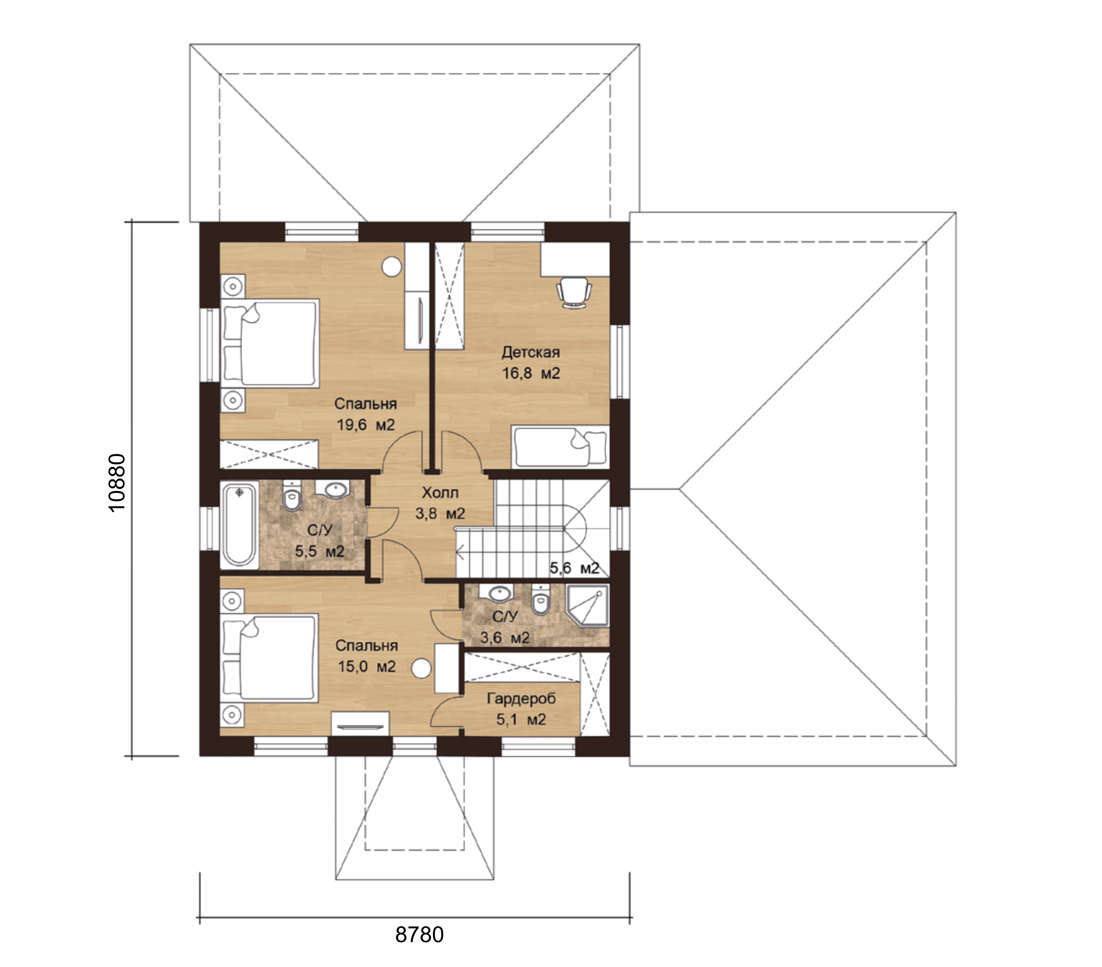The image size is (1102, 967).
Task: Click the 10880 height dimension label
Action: click(x=117, y=482)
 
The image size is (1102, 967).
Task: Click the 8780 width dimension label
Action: click(x=420, y=935)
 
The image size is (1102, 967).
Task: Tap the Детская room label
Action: click(x=530, y=352)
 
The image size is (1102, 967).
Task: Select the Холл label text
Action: click(x=440, y=492)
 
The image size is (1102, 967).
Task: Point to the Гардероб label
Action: click(x=521, y=699)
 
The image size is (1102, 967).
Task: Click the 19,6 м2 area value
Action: click(x=365, y=425)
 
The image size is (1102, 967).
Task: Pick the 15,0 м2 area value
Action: click(x=367, y=667)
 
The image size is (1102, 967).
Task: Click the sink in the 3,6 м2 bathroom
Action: click(x=500, y=593)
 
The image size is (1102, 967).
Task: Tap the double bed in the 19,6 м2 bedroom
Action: click(x=270, y=344)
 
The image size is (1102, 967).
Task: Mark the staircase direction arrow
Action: click(x=461, y=551)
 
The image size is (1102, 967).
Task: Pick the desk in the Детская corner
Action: click(x=575, y=259)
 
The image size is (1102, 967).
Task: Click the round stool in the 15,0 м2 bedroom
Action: click(x=421, y=669)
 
